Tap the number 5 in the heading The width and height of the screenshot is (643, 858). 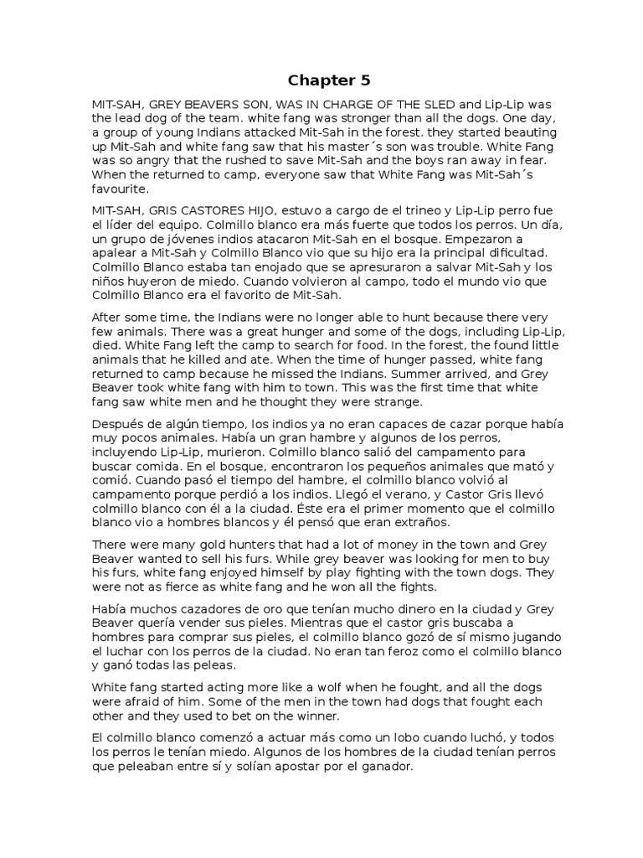[x=365, y=81]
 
